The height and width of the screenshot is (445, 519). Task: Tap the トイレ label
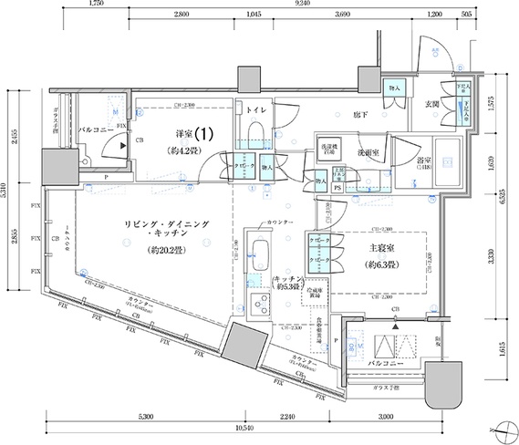(254, 109)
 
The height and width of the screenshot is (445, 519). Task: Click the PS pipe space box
(337, 188)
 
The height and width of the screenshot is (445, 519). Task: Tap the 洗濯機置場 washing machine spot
(328, 150)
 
